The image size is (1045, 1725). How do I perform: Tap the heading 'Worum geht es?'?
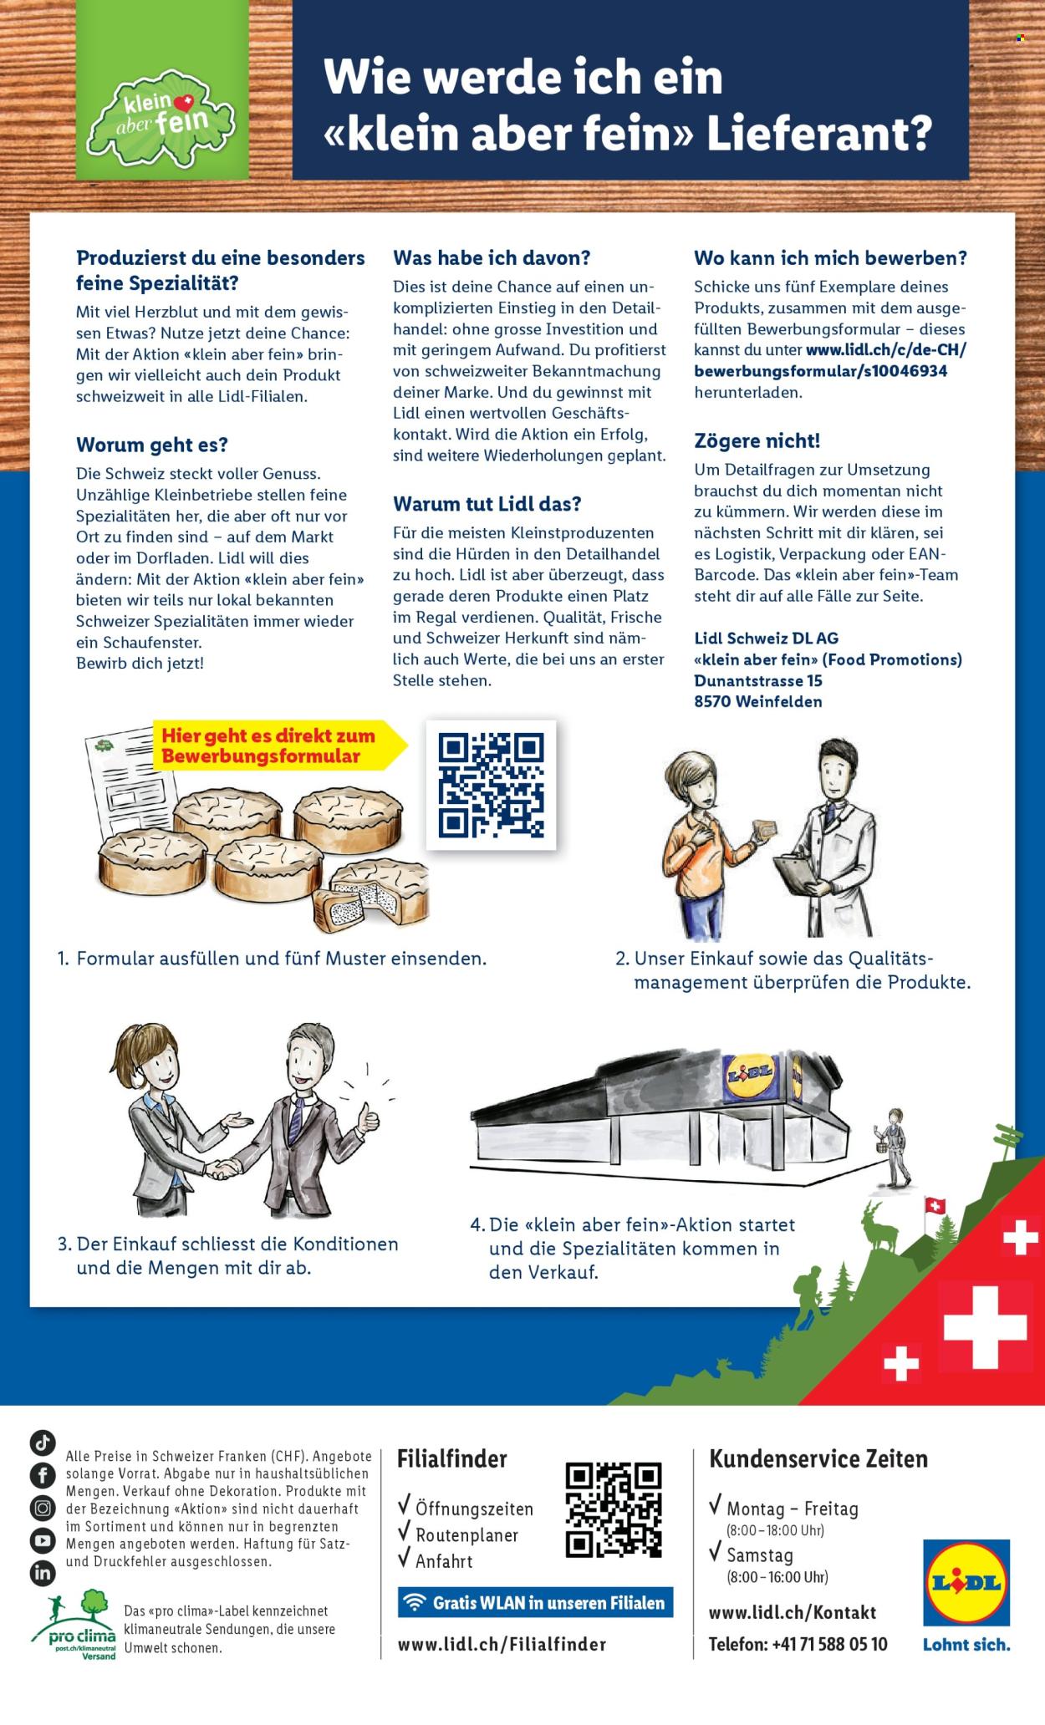click(x=151, y=444)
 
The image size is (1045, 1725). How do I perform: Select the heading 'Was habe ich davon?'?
click(x=492, y=258)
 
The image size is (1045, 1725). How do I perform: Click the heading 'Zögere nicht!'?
click(x=757, y=440)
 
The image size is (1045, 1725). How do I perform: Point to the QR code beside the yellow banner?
click(x=491, y=786)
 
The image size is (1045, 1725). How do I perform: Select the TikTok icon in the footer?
click(x=42, y=1443)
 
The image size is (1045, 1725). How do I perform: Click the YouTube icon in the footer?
click(x=42, y=1539)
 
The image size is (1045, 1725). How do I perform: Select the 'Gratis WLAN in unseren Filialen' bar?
click(x=535, y=1603)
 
